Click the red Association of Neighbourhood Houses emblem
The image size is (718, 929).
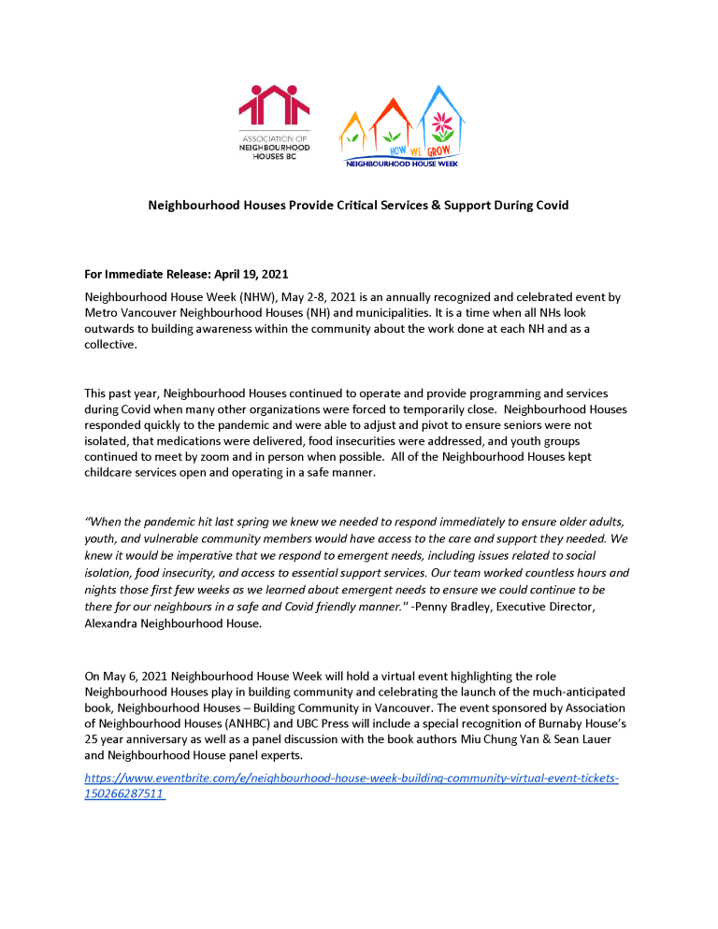pos(274,106)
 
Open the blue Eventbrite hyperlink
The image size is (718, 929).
pos(351,778)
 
